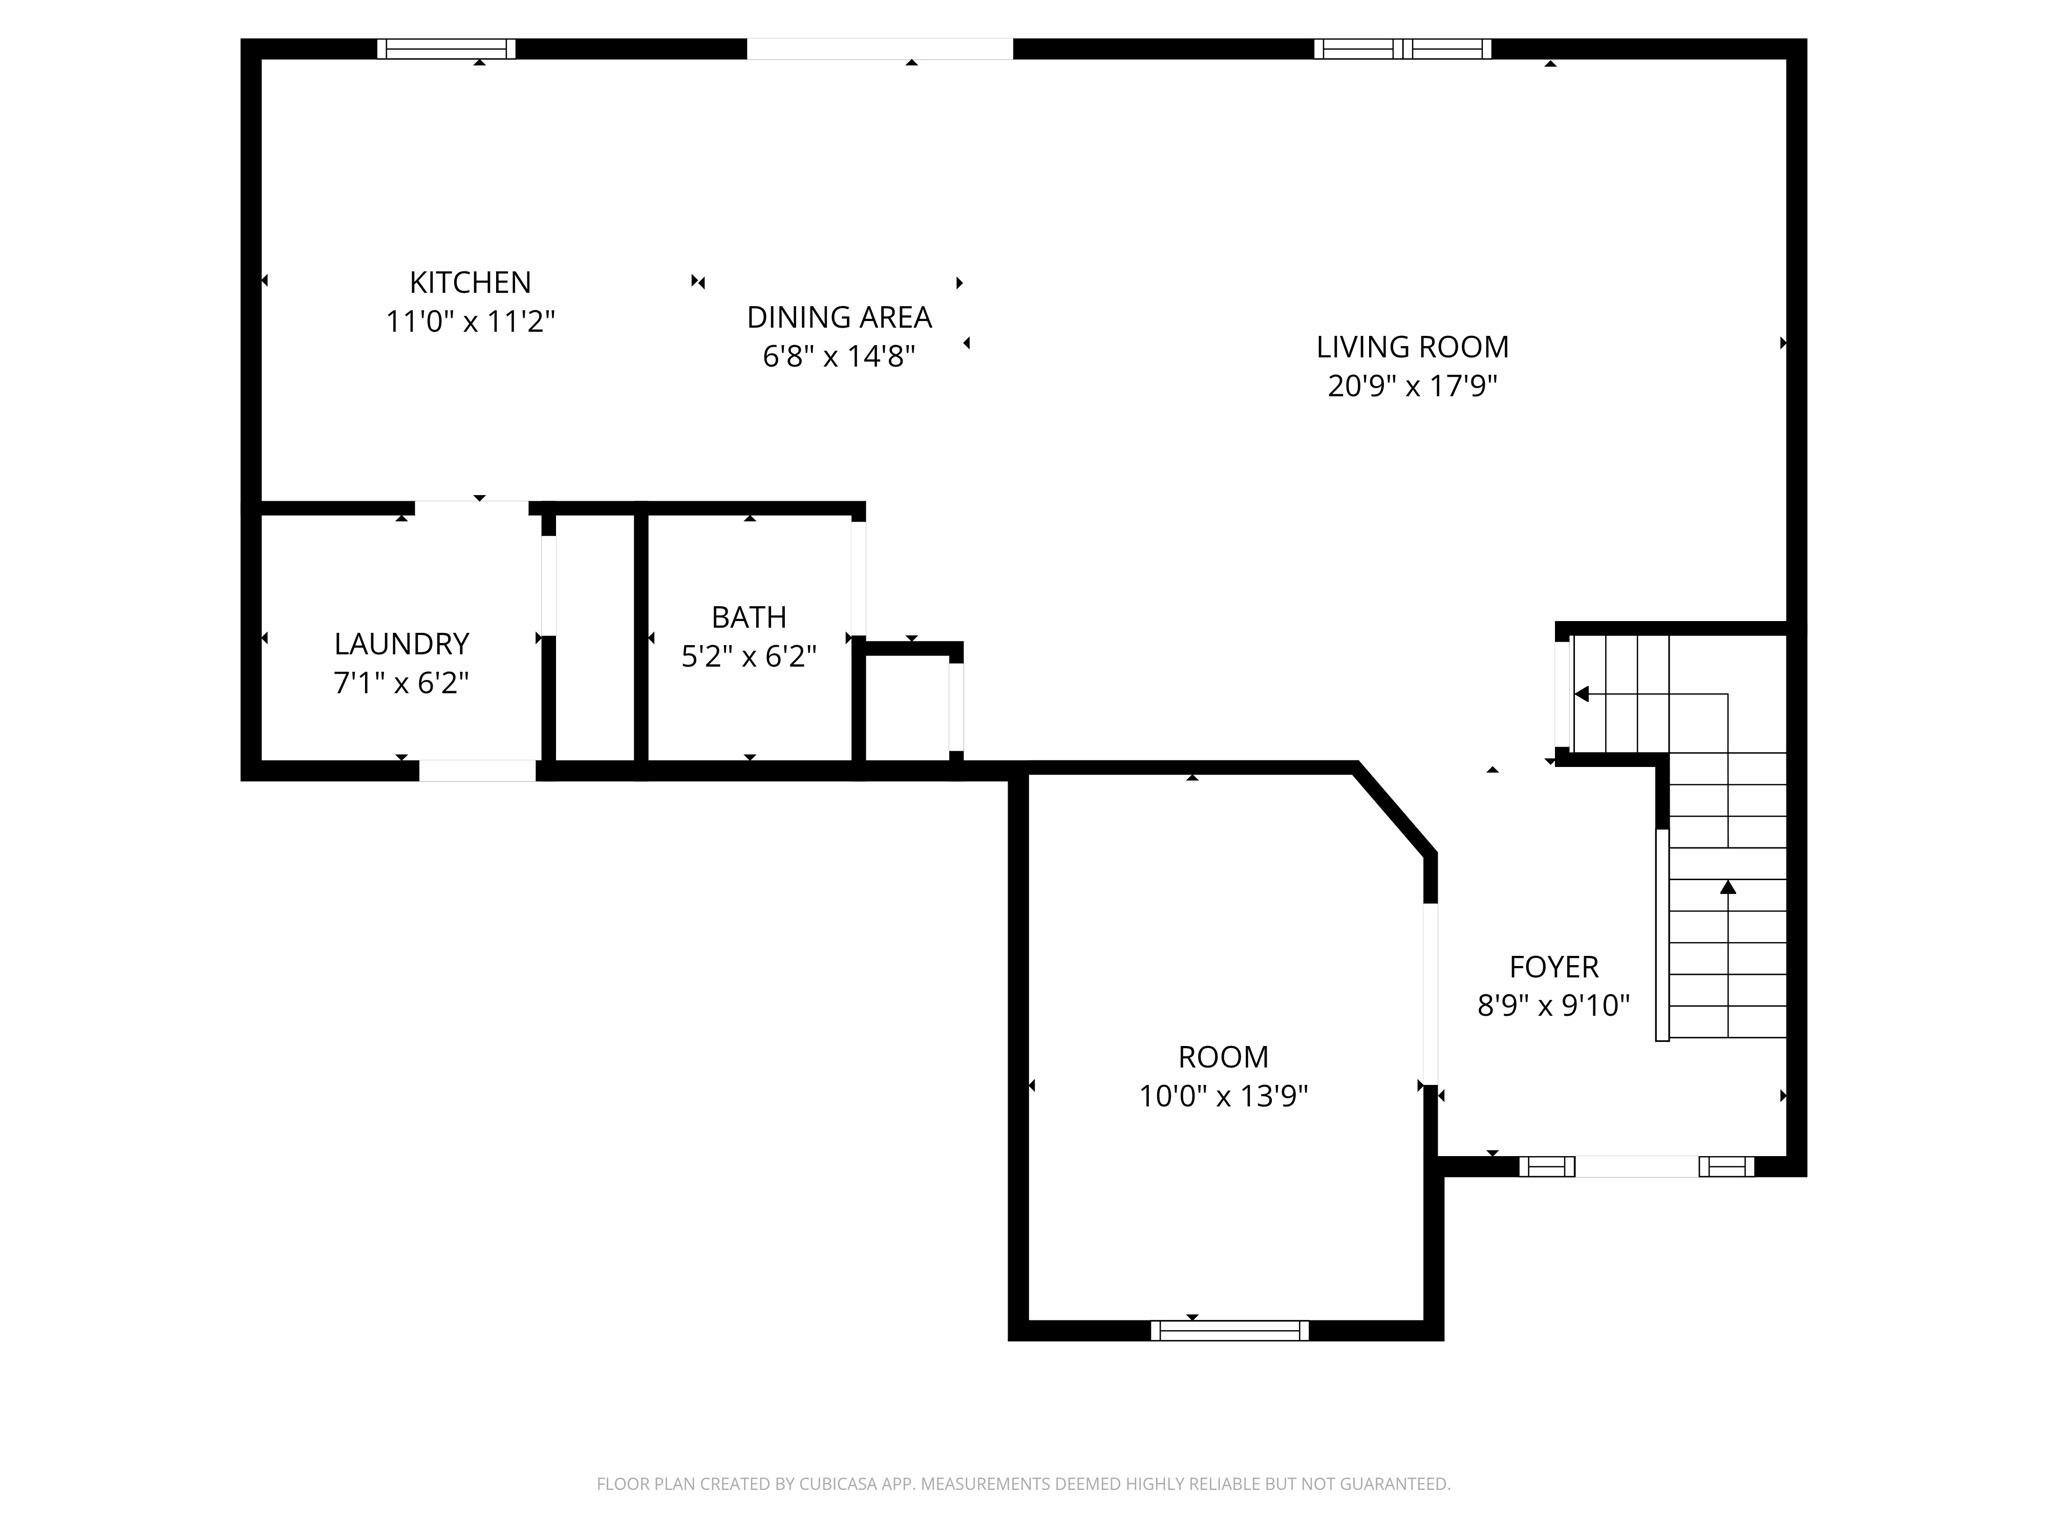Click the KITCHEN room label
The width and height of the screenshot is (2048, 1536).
[470, 283]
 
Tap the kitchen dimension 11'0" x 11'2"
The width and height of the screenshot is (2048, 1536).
[470, 322]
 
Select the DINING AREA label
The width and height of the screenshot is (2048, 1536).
[839, 318]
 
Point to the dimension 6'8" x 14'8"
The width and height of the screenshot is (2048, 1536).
[839, 356]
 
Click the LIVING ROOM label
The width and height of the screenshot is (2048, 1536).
[1412, 348]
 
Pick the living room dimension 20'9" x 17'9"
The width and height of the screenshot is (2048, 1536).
[1412, 386]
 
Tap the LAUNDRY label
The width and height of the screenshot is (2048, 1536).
[401, 644]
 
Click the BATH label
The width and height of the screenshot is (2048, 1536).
[749, 617]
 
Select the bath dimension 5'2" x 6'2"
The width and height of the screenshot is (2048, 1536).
[749, 657]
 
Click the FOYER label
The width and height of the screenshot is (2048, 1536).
[1553, 967]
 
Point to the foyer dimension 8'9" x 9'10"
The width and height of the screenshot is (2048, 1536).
[1553, 1005]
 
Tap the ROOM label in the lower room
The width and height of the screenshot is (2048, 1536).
[1223, 1057]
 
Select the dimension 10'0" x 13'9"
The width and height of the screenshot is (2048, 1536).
[1223, 1097]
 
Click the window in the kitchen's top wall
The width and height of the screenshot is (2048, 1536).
[446, 49]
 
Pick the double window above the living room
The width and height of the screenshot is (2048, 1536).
[1402, 49]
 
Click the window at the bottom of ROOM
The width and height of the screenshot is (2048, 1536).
[1229, 1330]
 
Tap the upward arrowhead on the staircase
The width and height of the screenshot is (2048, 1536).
[1728, 887]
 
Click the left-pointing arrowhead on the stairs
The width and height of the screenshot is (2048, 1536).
[1582, 694]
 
